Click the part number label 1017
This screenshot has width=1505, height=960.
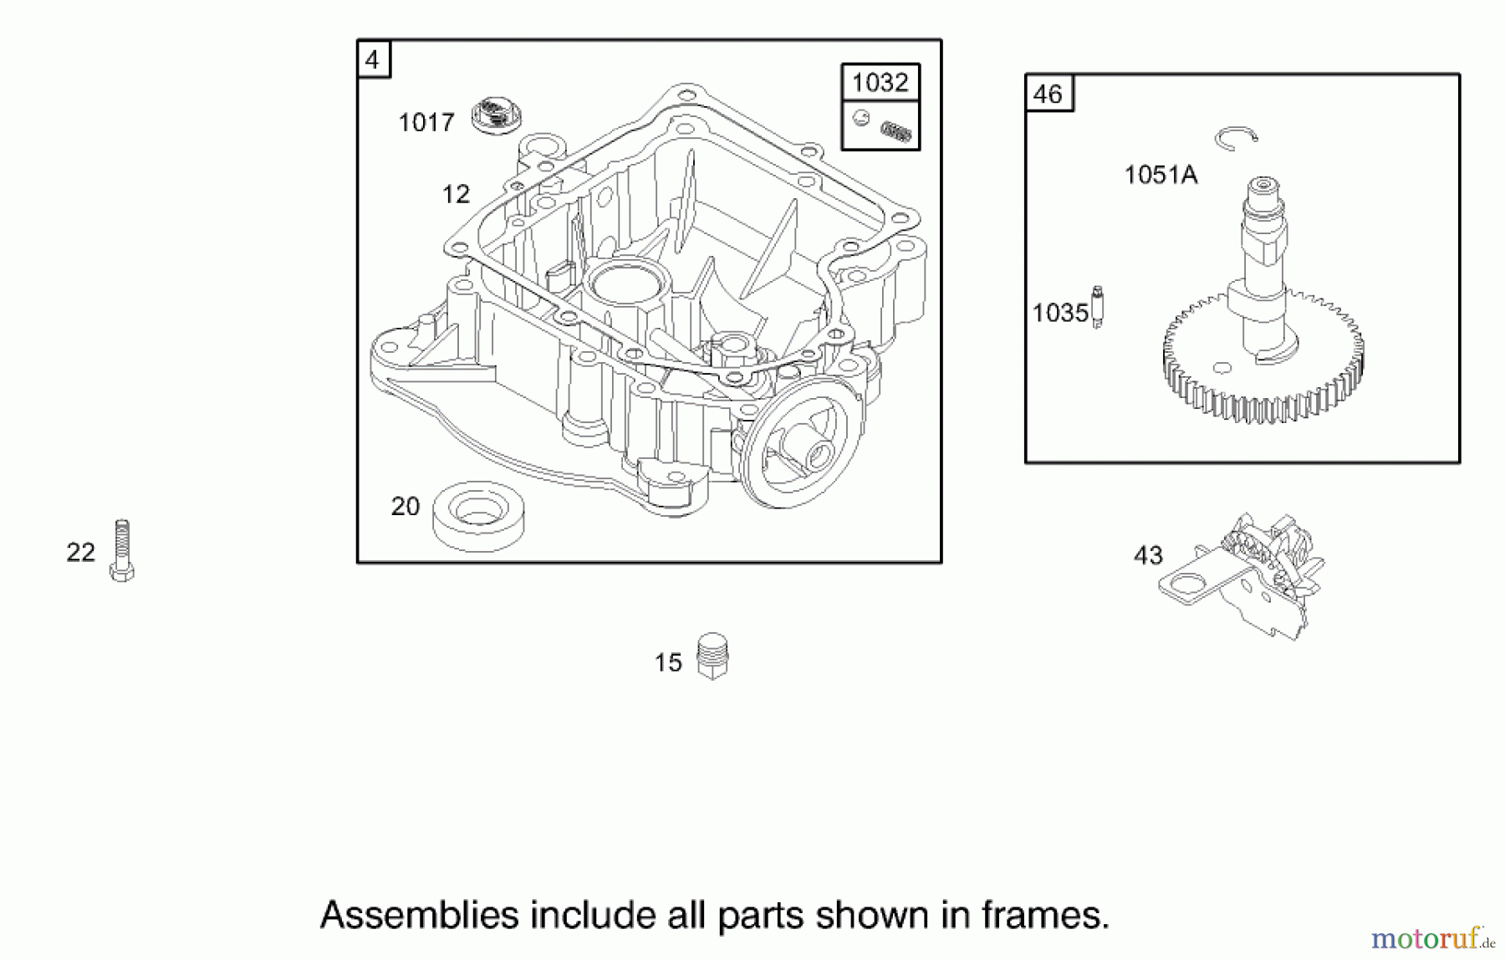point(426,123)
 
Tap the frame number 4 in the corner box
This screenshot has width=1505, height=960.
point(372,60)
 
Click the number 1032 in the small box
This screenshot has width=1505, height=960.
point(880,83)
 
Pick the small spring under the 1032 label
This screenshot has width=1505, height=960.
point(896,131)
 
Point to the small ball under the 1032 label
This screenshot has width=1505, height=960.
point(860,118)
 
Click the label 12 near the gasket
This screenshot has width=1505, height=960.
point(456,195)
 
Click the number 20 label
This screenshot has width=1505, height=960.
point(405,507)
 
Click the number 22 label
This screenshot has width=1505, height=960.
point(80,553)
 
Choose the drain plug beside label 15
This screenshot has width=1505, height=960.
point(712,656)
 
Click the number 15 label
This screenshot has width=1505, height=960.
point(668,663)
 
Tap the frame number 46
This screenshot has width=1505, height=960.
point(1048,94)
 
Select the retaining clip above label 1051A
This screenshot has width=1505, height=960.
point(1236,138)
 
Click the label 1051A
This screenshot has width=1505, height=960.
point(1161,176)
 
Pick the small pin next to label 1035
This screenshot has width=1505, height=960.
point(1098,306)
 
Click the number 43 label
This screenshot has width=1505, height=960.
point(1148,555)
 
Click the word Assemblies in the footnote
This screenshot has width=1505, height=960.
point(419,916)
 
